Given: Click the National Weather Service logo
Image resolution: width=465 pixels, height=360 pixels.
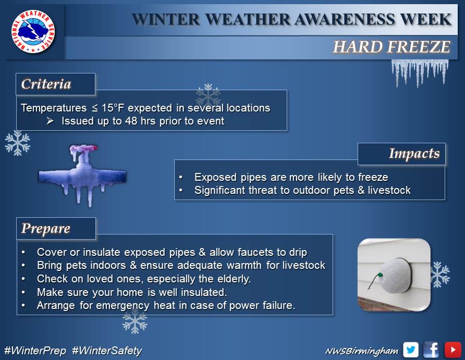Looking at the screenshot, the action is click(x=33, y=31).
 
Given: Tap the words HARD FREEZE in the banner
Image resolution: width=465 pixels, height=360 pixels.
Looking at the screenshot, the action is click(x=391, y=47).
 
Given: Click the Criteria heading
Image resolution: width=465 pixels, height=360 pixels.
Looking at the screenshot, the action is click(x=46, y=84).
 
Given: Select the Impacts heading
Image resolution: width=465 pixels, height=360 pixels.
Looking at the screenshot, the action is click(x=414, y=154).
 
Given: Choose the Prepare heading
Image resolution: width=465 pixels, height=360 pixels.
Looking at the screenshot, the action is click(x=46, y=228).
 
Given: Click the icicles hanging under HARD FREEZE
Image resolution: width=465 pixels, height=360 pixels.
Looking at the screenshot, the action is click(x=420, y=72).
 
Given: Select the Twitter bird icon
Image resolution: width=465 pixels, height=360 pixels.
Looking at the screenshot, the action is click(x=410, y=350).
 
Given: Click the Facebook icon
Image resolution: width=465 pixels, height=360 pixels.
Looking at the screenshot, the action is click(x=431, y=350).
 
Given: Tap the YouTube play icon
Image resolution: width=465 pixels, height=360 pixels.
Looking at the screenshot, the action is click(x=452, y=350).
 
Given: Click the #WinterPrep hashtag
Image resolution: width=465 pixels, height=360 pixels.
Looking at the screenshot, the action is click(x=35, y=351).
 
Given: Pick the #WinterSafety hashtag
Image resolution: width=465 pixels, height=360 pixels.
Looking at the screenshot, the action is click(x=107, y=351).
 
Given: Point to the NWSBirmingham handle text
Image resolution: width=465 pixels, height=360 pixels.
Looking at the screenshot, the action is click(x=362, y=351).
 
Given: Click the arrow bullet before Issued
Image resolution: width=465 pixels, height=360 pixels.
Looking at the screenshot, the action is click(x=50, y=120).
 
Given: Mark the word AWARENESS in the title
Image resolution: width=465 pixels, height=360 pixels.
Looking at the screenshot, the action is click(x=345, y=20).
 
